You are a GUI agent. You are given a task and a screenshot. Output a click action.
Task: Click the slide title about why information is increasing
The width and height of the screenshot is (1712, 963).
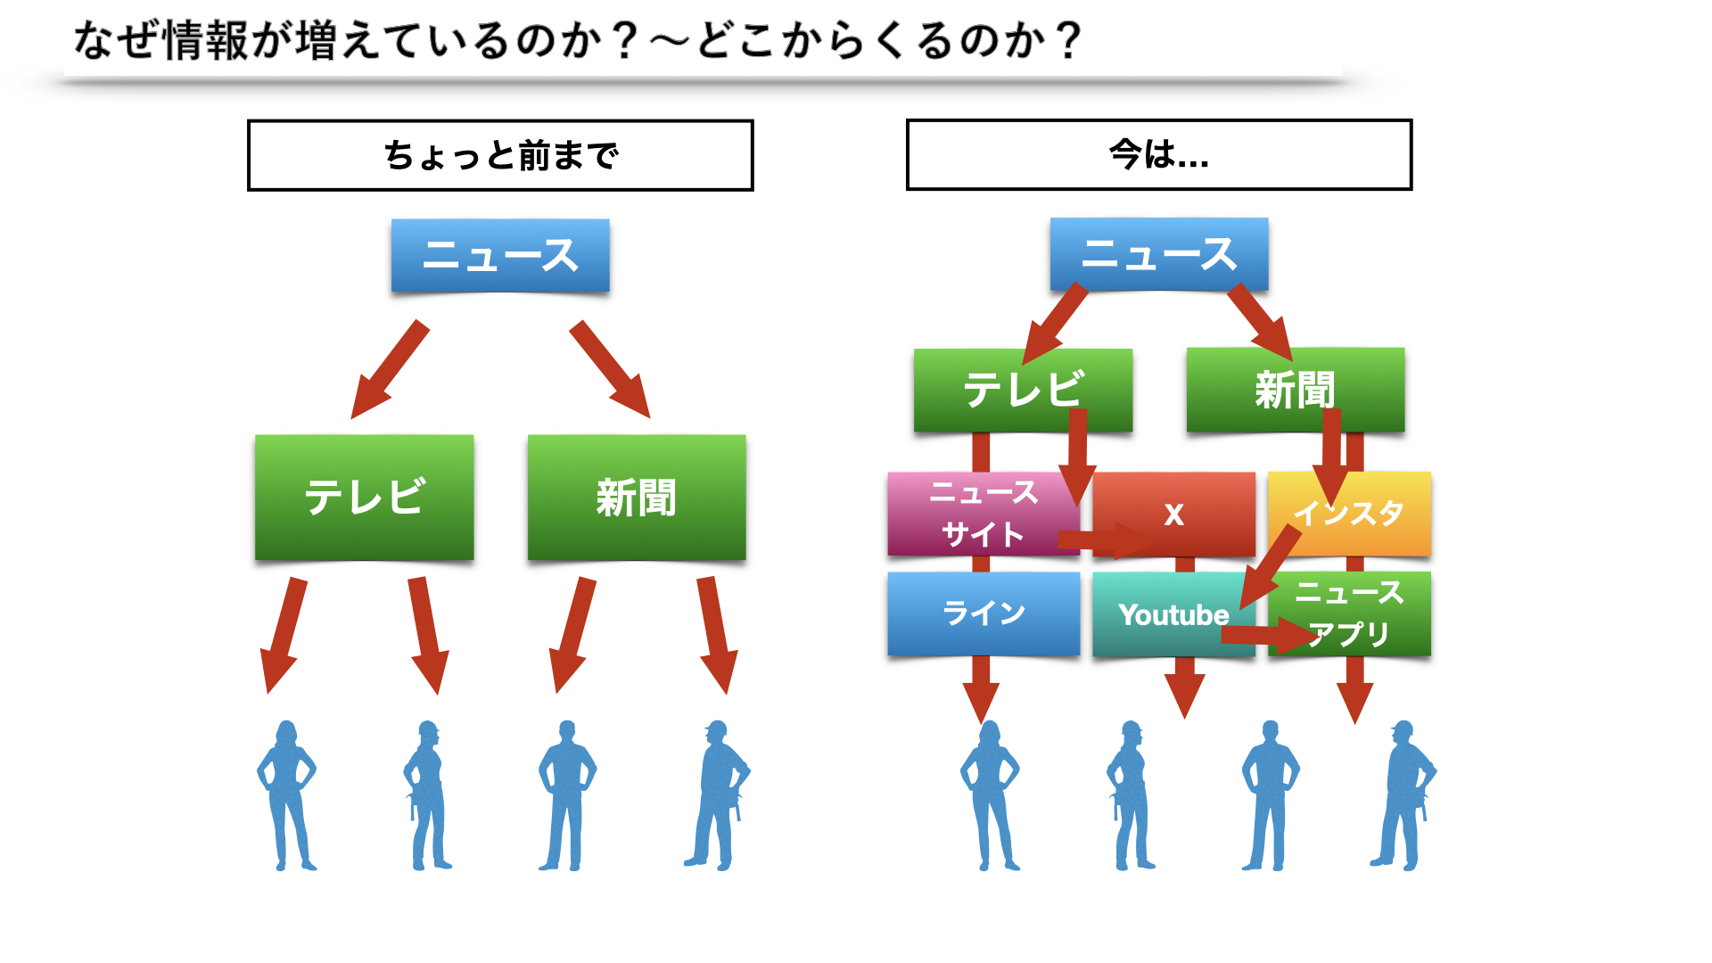point(578,41)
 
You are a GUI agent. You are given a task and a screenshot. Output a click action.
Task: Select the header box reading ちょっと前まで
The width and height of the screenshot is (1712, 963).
point(500,155)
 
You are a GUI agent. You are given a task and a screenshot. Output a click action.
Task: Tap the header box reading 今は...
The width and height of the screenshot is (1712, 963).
point(1159,154)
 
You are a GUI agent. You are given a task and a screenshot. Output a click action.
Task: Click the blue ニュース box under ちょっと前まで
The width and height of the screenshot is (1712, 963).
point(500,256)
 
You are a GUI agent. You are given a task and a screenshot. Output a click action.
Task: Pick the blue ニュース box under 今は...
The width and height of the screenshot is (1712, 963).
point(1159,254)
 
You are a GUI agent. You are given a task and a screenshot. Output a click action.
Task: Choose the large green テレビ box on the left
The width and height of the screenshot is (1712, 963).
point(364,498)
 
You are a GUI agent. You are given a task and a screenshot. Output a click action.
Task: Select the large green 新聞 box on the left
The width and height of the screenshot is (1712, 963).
point(637,498)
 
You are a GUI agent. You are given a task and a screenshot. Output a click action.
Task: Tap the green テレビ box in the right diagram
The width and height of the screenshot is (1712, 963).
point(1023,390)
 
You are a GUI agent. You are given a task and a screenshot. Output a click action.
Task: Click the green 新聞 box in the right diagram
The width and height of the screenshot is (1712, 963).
point(1296,390)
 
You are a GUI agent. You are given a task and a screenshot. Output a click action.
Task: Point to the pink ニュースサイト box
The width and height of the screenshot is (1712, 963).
point(984,514)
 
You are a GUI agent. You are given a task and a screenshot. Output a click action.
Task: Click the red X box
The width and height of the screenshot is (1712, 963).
point(1174,514)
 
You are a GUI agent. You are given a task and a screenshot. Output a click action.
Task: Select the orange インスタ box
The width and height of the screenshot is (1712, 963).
point(1349,514)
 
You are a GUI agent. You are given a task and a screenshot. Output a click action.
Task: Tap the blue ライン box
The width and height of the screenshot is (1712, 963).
point(984,613)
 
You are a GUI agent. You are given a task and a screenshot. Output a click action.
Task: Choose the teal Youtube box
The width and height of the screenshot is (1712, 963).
point(1174,613)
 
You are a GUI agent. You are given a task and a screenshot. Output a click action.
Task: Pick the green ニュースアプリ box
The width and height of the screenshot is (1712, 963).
point(1349,613)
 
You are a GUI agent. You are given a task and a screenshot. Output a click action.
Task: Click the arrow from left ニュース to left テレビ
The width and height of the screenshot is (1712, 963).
point(390,370)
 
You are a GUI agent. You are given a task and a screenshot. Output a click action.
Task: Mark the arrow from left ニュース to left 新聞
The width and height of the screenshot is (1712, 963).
point(611,370)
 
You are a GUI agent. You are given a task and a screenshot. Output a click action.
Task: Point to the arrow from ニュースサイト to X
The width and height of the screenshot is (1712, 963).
point(1107,539)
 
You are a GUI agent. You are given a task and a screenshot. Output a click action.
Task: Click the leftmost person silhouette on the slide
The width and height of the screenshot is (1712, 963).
point(286,795)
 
